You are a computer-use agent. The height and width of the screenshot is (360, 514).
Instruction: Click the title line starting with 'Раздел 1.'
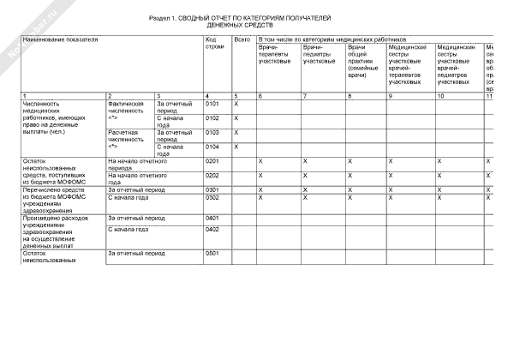coord(239,17)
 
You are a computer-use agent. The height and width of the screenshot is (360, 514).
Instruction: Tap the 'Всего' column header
coord(242,39)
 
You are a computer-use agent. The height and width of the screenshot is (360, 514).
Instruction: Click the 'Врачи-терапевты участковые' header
coord(274,54)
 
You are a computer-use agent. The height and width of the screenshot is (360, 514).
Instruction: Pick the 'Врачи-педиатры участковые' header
coord(319,54)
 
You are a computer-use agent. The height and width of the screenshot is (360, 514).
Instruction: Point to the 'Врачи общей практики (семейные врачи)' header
coord(363,60)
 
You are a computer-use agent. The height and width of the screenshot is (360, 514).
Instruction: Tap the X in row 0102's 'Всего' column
coord(236,117)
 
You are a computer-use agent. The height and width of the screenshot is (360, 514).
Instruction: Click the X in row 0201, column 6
coord(284,161)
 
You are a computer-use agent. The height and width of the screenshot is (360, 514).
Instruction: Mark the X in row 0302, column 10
coord(462,197)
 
